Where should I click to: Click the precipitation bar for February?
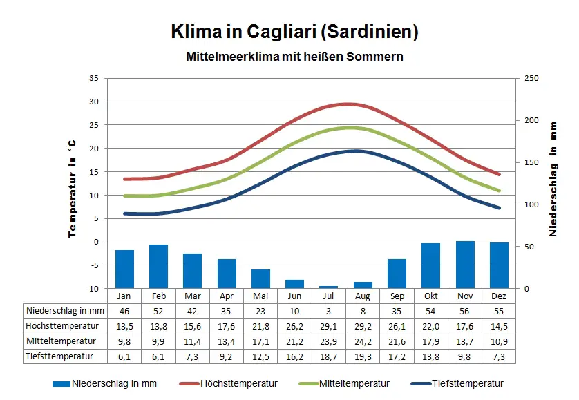click(158, 266)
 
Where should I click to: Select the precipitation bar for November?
click(465, 265)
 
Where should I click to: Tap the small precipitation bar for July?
click(329, 287)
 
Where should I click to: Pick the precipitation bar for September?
click(397, 274)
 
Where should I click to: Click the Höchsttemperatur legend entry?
click(229, 384)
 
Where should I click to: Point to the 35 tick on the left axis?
click(93, 78)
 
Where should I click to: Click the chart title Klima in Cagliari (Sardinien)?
click(294, 32)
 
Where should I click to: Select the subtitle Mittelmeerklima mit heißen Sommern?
click(294, 56)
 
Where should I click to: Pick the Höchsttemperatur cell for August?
click(363, 326)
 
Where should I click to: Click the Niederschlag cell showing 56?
click(465, 311)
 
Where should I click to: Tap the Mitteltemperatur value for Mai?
click(260, 341)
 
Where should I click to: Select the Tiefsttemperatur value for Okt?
click(431, 356)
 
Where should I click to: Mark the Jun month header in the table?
click(294, 296)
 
